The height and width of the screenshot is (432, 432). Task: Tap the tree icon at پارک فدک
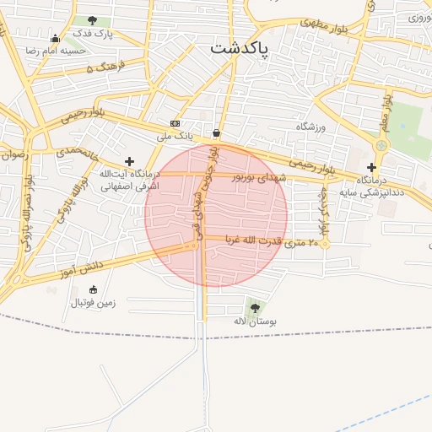tap(91, 20)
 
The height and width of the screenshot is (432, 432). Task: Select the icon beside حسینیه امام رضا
tap(56, 38)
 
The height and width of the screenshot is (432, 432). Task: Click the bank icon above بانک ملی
tap(175, 123)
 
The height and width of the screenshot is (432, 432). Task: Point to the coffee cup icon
tap(217, 132)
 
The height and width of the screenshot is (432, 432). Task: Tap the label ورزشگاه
tap(310, 127)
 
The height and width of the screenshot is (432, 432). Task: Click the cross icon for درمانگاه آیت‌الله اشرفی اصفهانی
tap(129, 161)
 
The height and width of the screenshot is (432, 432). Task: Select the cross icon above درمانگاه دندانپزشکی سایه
tap(371, 167)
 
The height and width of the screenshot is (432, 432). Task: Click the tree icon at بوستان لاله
tap(256, 308)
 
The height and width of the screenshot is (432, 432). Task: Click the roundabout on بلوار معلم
tap(381, 145)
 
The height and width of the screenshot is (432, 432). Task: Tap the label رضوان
tap(14, 154)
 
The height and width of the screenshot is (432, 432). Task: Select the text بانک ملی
tap(175, 135)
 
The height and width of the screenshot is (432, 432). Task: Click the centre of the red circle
tap(216, 216)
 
